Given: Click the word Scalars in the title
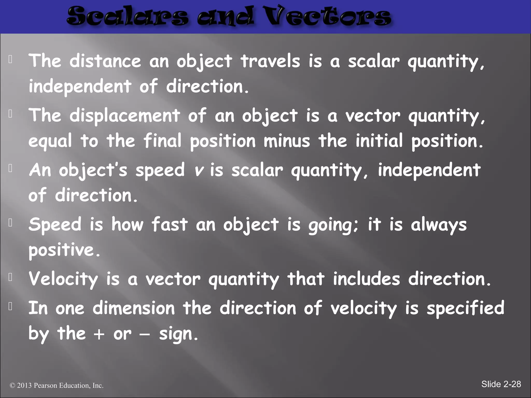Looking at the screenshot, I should pos(127,17).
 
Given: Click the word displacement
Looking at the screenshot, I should pos(124,116).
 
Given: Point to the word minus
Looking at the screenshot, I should pos(287,141).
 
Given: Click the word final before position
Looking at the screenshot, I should pos(162,141).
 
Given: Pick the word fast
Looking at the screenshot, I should pos(169,225).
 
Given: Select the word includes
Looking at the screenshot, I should pos(366,279).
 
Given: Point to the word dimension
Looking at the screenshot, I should pos(134,308).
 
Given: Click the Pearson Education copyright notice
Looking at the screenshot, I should pos(57,386).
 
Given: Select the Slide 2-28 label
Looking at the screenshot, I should pos(501,384).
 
